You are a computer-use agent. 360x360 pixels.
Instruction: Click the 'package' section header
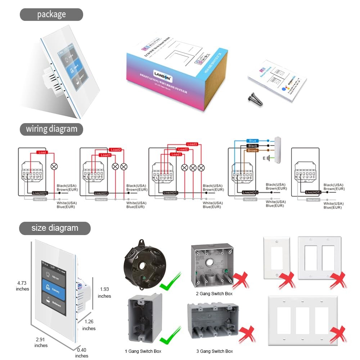[51, 14]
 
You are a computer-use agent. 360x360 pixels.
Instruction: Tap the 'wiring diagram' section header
[51, 129]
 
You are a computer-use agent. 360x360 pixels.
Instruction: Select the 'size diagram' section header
[55, 228]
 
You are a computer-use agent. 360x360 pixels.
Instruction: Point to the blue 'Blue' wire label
[252, 141]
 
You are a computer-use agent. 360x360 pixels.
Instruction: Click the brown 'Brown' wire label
[252, 150]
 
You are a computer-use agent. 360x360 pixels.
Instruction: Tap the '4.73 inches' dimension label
[22, 286]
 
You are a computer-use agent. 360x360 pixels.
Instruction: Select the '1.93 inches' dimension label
[104, 293]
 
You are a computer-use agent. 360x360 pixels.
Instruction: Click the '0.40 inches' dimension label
[82, 353]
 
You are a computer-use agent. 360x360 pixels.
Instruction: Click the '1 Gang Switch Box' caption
[143, 351]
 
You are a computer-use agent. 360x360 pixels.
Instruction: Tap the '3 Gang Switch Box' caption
[215, 351]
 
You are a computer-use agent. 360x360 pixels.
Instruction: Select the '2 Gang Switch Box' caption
[214, 293]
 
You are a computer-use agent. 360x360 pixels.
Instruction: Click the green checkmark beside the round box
[169, 283]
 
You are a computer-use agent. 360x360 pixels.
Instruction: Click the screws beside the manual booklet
[255, 98]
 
